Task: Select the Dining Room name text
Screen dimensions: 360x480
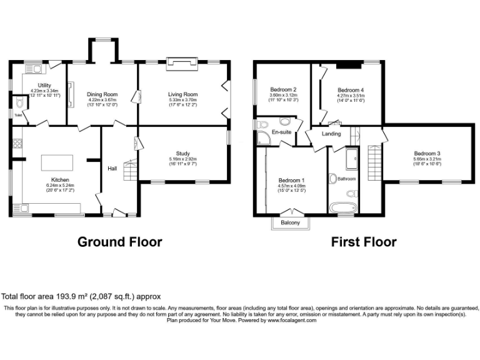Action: click(x=102, y=92)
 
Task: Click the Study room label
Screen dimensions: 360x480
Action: click(x=182, y=153)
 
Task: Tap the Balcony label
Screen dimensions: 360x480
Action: click(x=290, y=223)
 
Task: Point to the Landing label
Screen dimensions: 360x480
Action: click(x=331, y=134)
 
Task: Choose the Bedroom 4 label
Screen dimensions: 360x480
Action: click(x=350, y=89)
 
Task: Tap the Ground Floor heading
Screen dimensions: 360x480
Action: click(x=119, y=242)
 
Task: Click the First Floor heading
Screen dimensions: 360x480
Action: click(x=363, y=242)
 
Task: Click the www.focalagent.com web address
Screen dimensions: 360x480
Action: click(x=292, y=320)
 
